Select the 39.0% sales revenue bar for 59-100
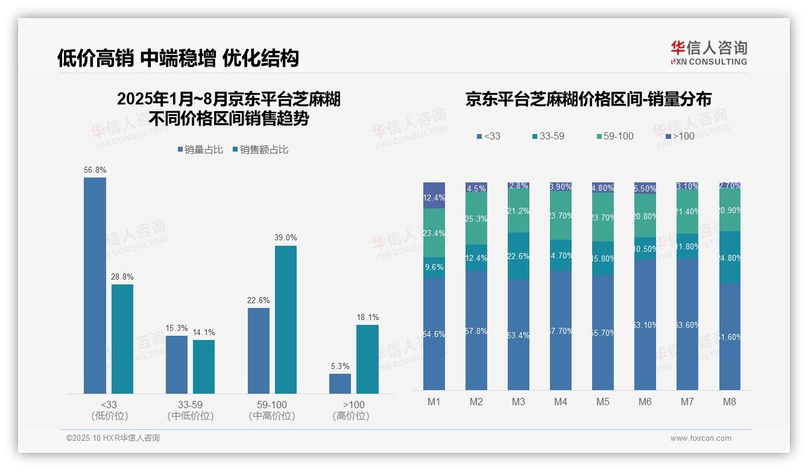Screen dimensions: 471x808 point(286,319)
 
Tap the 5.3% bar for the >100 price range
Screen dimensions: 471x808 point(339,383)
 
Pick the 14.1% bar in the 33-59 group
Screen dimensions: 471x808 point(204,367)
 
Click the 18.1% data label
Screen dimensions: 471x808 point(367,317)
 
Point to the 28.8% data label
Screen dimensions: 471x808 point(122,277)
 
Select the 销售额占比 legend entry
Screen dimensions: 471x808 point(260,150)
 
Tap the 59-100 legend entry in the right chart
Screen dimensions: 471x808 point(615,136)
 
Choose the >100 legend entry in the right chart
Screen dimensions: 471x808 point(680,136)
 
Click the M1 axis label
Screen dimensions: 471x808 point(434,402)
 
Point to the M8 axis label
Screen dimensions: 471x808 point(729,402)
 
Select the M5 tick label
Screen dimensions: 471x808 point(603,402)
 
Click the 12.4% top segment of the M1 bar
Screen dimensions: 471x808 point(434,196)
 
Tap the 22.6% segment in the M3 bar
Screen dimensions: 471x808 point(519,256)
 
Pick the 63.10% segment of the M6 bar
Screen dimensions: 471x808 point(645,324)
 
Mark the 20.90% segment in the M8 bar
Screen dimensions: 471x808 point(730,211)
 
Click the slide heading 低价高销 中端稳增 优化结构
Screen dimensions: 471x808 point(178,58)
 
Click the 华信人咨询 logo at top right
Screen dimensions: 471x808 point(709,53)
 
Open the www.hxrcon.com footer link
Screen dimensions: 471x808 point(701,438)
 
